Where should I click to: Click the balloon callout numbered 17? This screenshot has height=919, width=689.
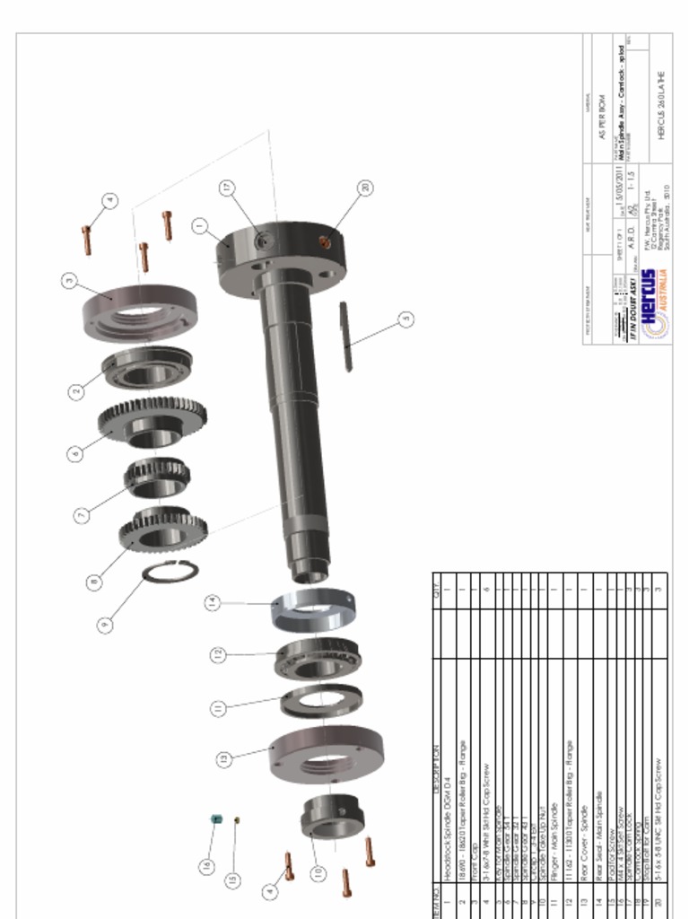(227, 187)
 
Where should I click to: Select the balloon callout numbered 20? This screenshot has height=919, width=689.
(364, 188)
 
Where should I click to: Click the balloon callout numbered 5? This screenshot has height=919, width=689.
(406, 319)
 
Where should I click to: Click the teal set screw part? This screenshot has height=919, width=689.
(215, 818)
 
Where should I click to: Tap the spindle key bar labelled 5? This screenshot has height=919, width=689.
(344, 337)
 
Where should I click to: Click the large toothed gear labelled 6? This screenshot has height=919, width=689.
(153, 422)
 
